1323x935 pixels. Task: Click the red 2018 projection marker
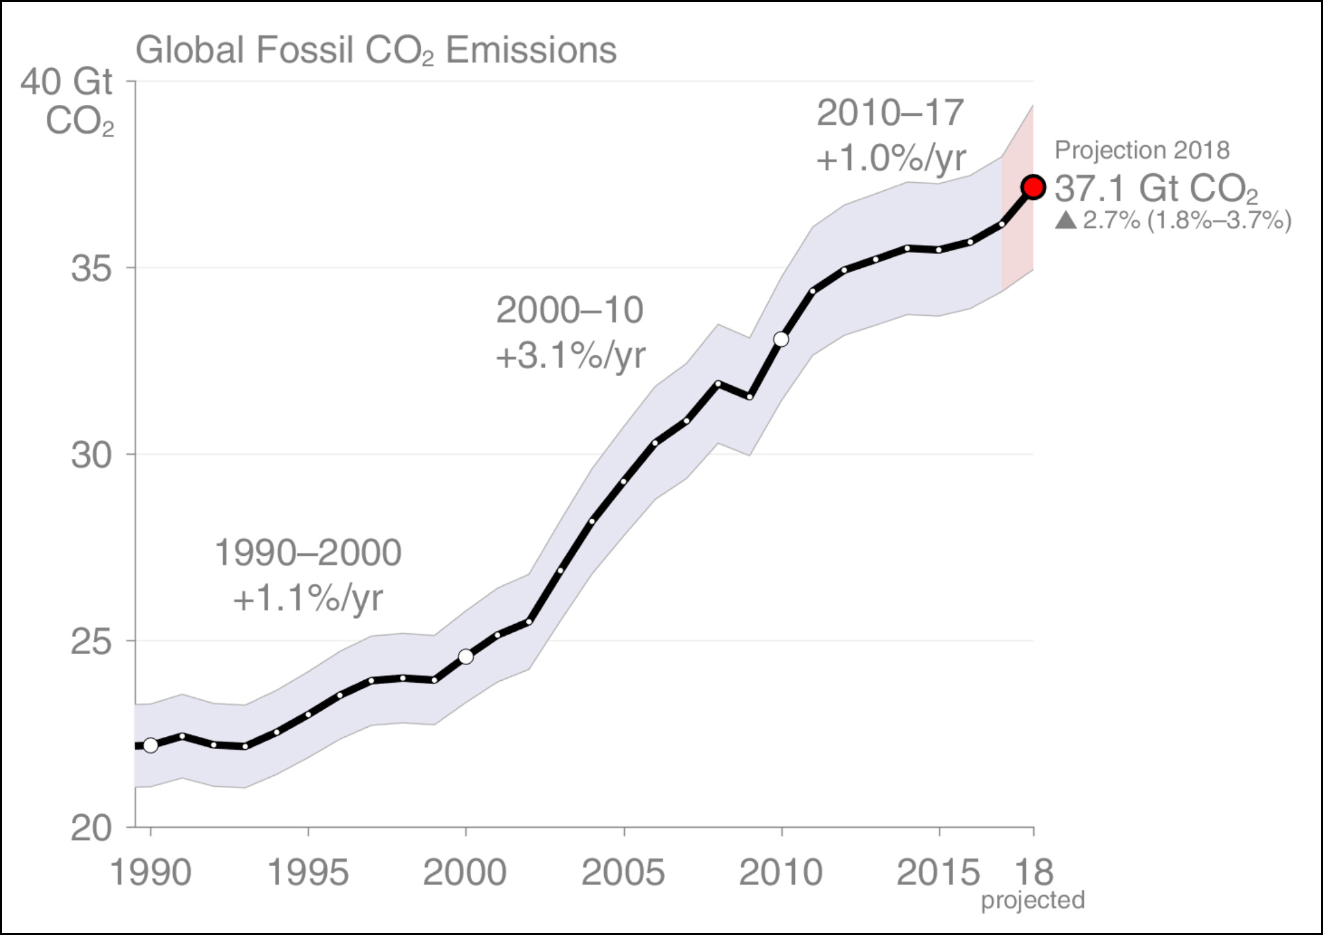[1033, 187]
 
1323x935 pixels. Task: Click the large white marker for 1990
[151, 745]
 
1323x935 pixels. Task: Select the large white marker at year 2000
[466, 656]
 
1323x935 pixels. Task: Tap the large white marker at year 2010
[781, 340]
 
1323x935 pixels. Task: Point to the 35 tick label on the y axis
[91, 268]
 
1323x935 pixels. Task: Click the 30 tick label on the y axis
[91, 455]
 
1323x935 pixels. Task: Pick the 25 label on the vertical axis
[91, 641]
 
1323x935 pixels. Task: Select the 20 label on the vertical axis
[91, 828]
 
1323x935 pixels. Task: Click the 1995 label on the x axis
[308, 872]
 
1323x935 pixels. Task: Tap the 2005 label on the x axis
[623, 872]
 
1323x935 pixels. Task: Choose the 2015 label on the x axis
[938, 872]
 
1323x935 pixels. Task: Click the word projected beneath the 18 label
[1033, 900]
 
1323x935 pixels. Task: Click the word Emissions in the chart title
[531, 50]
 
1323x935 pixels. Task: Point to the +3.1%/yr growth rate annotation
[571, 355]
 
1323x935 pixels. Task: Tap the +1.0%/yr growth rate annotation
[891, 158]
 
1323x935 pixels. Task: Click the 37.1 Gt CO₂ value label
[1156, 188]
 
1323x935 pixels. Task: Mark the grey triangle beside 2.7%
[1066, 220]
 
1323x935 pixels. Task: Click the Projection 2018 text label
[1142, 150]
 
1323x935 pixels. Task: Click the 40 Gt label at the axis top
[67, 82]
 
